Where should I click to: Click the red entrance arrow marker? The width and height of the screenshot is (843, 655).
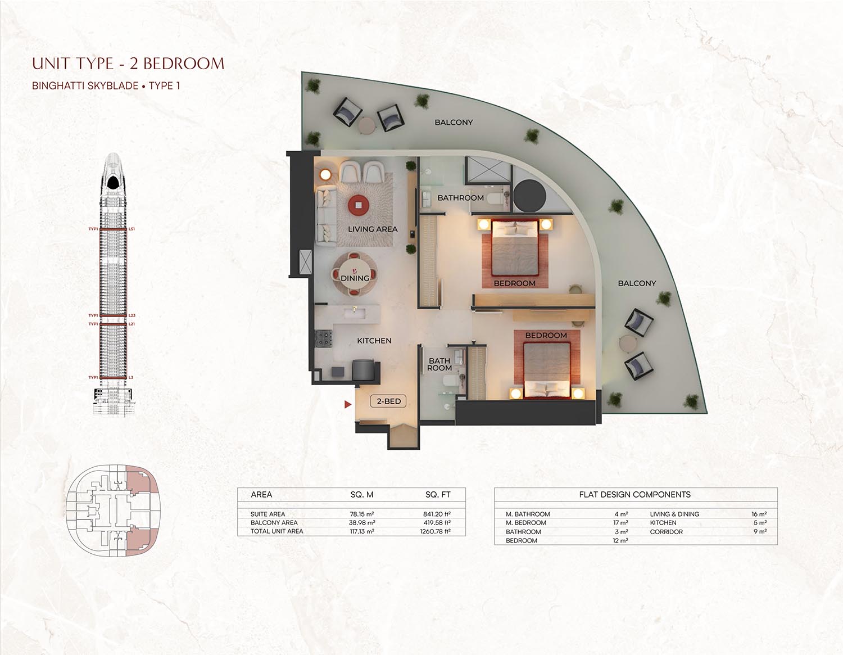coord(348,404)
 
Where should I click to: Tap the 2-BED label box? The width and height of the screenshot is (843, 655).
coord(388,401)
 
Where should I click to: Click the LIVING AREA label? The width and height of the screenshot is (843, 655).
coord(372,229)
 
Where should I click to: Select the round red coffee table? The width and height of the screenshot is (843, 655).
coord(359,205)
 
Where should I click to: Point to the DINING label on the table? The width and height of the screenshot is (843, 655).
coord(355,278)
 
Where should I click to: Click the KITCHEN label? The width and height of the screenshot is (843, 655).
coord(374,341)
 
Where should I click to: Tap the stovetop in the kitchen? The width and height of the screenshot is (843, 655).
coord(324,338)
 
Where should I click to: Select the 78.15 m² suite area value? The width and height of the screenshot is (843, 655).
coord(362,514)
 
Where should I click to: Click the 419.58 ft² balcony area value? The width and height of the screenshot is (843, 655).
coord(437,522)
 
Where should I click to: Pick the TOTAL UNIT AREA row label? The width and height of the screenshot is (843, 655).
coord(277,531)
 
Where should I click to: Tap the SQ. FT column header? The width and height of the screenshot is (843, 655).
coord(438,495)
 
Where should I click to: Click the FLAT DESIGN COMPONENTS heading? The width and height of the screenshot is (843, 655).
coord(634,495)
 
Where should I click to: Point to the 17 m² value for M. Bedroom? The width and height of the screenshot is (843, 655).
coord(620,523)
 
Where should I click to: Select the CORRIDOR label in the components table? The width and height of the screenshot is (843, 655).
coord(666,531)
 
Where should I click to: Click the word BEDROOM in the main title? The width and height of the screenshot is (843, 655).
coord(183,64)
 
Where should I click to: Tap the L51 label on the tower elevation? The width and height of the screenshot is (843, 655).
coord(132,229)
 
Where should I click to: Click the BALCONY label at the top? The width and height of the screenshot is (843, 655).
coord(454,122)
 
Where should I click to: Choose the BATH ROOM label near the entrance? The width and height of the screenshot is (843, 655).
coord(439,364)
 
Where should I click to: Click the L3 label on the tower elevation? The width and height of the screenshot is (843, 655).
coord(131,377)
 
